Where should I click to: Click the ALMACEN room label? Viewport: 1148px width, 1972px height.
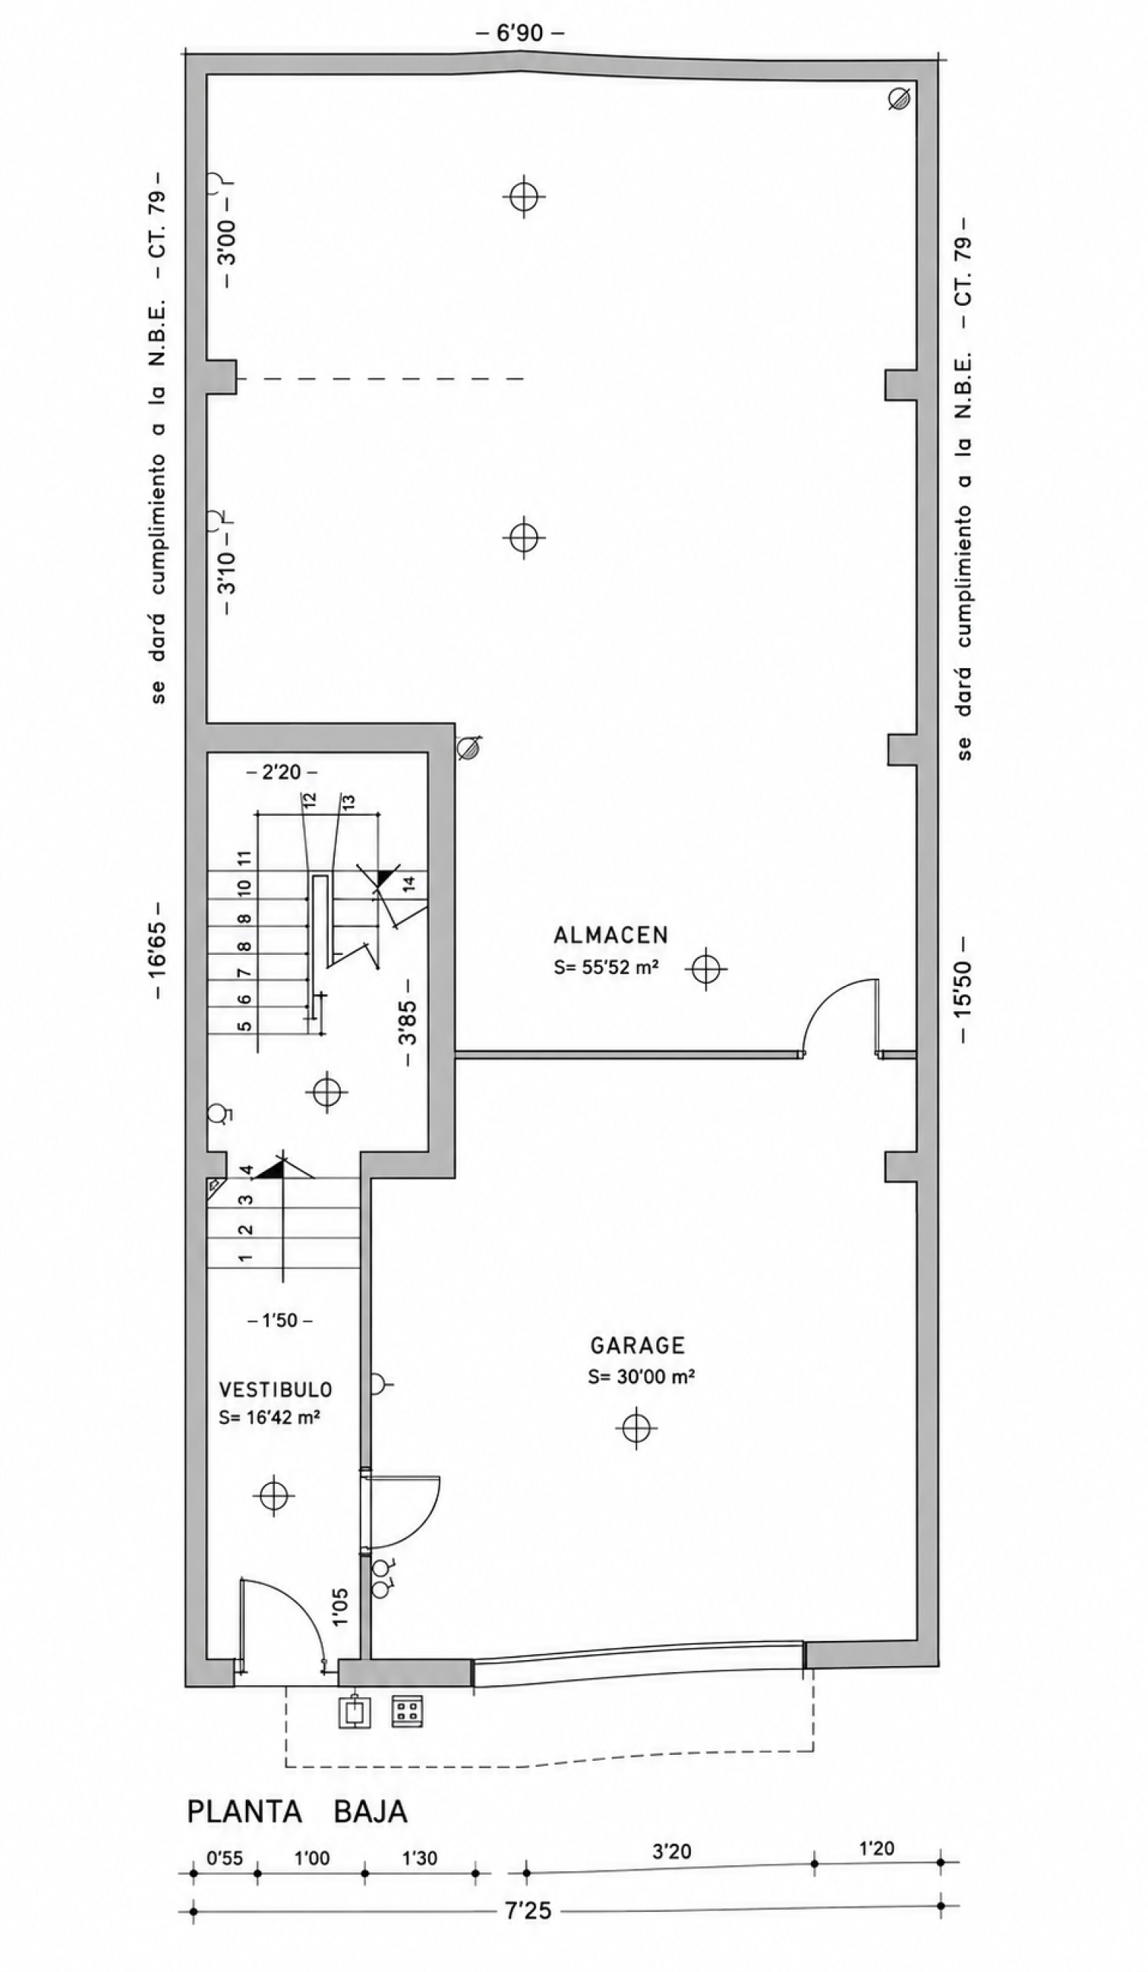pyautogui.click(x=610, y=935)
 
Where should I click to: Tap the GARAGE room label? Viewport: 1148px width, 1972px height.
pyautogui.click(x=637, y=1345)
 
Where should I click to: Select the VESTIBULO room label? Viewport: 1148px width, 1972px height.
pyautogui.click(x=276, y=1390)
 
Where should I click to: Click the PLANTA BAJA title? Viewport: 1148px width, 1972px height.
pyautogui.click(x=297, y=1811)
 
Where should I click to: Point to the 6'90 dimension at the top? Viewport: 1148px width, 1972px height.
pyautogui.click(x=521, y=33)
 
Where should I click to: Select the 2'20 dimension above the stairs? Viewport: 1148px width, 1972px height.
pyautogui.click(x=281, y=773)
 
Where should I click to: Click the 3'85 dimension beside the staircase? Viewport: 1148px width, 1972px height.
pyautogui.click(x=407, y=1022)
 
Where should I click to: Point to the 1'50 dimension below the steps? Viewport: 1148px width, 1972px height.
pyautogui.click(x=280, y=1321)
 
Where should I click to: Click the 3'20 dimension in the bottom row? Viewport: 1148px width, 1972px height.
pyautogui.click(x=672, y=1851)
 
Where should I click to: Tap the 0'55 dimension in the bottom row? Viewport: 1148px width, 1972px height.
pyautogui.click(x=224, y=1859)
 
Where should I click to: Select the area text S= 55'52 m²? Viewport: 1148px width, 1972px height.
pyautogui.click(x=606, y=967)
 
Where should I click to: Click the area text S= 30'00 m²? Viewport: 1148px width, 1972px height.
pyautogui.click(x=641, y=1376)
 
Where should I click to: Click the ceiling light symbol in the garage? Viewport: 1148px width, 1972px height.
pyautogui.click(x=636, y=1428)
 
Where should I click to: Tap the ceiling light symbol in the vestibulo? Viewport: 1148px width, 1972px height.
pyautogui.click(x=274, y=1496)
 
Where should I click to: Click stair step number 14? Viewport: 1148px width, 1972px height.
pyautogui.click(x=407, y=884)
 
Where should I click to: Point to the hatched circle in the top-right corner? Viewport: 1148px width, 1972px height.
pyautogui.click(x=900, y=99)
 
